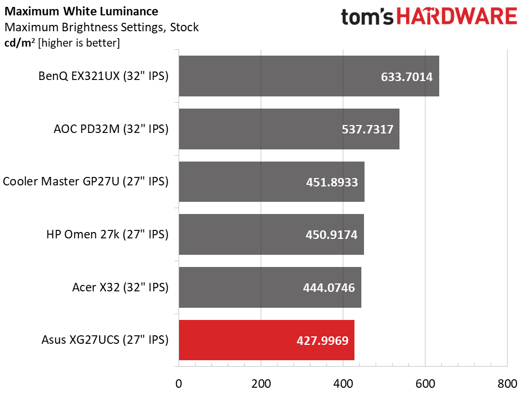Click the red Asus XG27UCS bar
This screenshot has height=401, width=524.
(x=267, y=340)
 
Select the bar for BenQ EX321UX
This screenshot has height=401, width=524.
(x=309, y=76)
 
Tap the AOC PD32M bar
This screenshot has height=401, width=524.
(x=289, y=129)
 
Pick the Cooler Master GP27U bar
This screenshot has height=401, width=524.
(x=271, y=182)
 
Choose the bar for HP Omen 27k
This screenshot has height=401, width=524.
(x=271, y=235)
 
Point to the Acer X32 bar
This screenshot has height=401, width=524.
(x=270, y=287)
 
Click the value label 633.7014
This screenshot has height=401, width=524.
(x=406, y=77)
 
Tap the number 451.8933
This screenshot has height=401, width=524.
(x=332, y=182)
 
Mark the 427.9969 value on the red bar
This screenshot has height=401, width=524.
(x=322, y=341)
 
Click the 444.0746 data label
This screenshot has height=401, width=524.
(x=328, y=288)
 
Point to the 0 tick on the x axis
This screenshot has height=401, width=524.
(x=179, y=384)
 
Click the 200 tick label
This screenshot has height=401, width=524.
(x=261, y=384)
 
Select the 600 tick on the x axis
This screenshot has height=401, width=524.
(x=425, y=384)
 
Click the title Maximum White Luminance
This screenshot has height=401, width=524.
(x=81, y=11)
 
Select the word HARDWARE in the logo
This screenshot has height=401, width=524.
(x=457, y=16)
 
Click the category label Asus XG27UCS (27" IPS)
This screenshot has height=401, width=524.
(x=105, y=340)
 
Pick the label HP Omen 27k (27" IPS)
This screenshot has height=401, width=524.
(x=107, y=235)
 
